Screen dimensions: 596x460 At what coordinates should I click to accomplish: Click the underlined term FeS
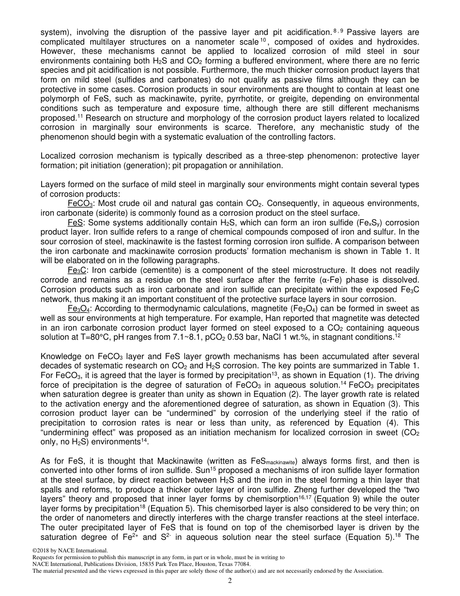[x=75, y=222]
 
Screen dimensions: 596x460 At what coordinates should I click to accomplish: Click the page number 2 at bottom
[x=230, y=581]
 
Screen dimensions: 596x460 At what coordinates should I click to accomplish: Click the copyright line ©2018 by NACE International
[x=70, y=550]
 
